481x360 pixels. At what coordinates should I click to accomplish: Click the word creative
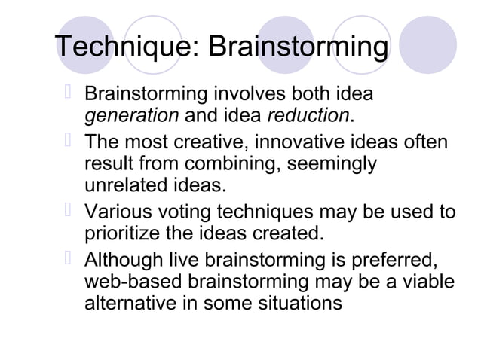click(213, 143)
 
